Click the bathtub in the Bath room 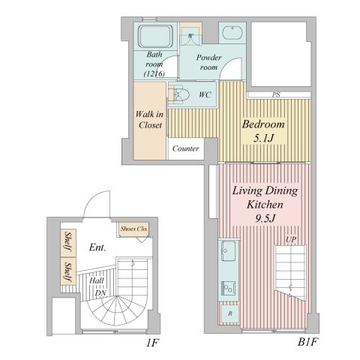point(155,36)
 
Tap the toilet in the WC point(179,94)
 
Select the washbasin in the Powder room point(232,33)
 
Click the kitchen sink point(228,250)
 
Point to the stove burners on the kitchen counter point(228,288)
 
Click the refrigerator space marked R point(230,313)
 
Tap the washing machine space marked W point(190,36)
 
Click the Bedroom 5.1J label point(263,131)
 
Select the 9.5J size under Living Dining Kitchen point(265,218)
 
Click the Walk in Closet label point(149,120)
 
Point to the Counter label point(186,148)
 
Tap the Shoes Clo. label point(134,229)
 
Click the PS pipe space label point(276,94)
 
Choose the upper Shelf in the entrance point(68,241)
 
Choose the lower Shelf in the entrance point(68,271)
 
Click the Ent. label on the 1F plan point(97,247)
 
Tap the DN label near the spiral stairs point(101,293)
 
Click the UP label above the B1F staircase point(291,240)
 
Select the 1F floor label point(153,343)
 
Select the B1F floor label point(307,342)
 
